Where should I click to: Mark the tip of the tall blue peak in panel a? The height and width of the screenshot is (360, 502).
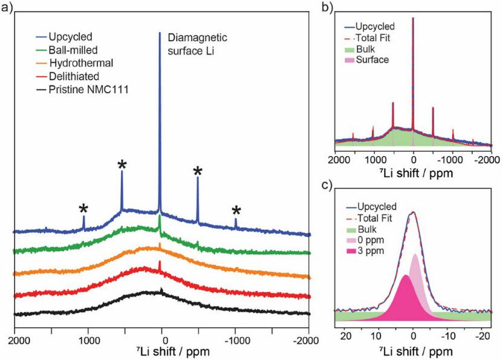pos(160,33)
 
